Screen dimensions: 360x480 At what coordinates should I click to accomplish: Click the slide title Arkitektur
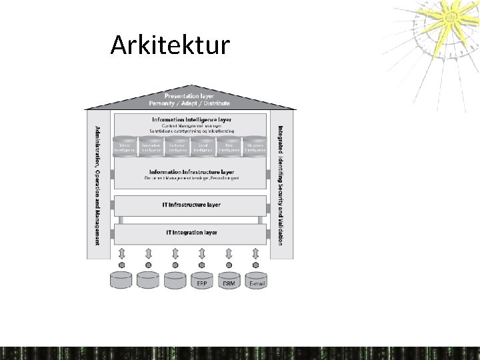tap(170, 45)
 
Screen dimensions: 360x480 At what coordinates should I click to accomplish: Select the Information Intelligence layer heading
tap(191, 119)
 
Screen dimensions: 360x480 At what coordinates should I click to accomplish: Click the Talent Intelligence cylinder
tap(125, 147)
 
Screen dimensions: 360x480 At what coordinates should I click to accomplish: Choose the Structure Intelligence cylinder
tap(255, 147)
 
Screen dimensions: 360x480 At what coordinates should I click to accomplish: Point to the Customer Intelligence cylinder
tap(177, 147)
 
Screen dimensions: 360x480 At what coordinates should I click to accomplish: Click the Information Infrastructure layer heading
tap(191, 171)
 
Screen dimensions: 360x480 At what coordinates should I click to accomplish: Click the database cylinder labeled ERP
tap(202, 281)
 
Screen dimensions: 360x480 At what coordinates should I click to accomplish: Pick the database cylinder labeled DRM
tap(229, 281)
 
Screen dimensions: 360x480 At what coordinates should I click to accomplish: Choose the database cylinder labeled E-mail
tap(256, 281)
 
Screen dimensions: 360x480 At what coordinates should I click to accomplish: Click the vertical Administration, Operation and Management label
tap(97, 185)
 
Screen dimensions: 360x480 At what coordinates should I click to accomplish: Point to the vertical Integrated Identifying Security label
tap(281, 185)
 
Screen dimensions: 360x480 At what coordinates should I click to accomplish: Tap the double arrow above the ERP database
tap(202, 253)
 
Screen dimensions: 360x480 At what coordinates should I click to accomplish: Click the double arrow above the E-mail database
tap(255, 253)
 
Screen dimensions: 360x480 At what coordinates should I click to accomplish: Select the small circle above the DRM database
tap(229, 265)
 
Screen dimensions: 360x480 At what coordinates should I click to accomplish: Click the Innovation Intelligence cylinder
tap(151, 147)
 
